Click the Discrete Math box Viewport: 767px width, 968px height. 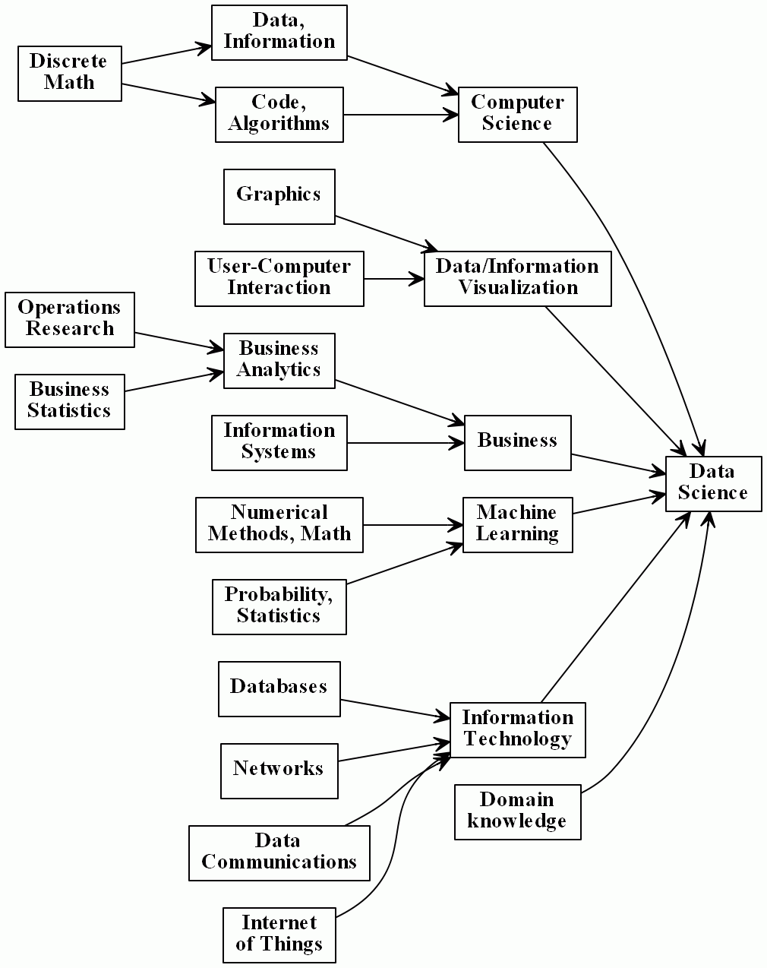click(69, 73)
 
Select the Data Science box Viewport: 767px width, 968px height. click(712, 483)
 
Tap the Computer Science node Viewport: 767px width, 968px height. click(517, 114)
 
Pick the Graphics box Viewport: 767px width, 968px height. click(279, 196)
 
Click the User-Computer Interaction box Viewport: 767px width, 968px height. click(279, 278)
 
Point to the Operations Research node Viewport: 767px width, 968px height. click(69, 319)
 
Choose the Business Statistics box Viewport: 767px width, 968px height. click(69, 401)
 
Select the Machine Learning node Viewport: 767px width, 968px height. click(517, 524)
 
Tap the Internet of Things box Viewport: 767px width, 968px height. click(279, 935)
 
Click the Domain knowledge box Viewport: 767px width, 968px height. click(517, 811)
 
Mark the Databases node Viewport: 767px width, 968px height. click(279, 688)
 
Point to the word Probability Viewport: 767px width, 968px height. click(278, 595)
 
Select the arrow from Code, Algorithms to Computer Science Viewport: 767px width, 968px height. click(400, 115)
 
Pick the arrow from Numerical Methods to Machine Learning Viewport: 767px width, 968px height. click(412, 524)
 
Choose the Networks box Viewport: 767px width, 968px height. click(279, 770)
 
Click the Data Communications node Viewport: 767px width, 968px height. click(279, 853)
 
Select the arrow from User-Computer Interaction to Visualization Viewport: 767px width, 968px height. click(393, 279)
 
